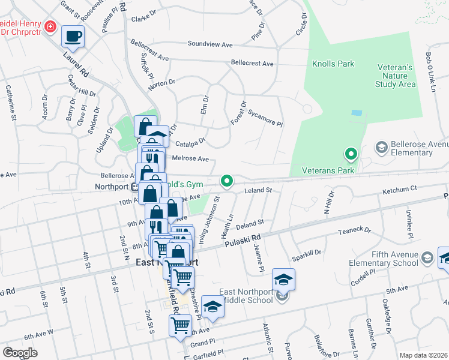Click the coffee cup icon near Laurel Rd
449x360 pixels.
(73, 36)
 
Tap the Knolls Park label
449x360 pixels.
(333, 64)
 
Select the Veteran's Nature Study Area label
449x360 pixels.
(395, 76)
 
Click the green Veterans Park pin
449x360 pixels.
(351, 155)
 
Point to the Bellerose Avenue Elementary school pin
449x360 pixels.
(381, 147)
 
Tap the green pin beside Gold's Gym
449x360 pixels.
(226, 180)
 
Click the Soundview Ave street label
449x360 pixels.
(209, 44)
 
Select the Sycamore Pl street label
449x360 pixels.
(265, 118)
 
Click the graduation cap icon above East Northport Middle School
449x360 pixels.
(284, 279)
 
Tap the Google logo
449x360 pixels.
(20, 353)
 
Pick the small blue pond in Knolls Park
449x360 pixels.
(357, 113)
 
